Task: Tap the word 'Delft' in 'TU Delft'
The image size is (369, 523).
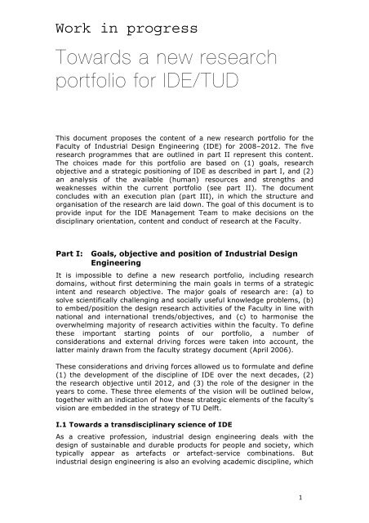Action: click(x=243, y=408)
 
